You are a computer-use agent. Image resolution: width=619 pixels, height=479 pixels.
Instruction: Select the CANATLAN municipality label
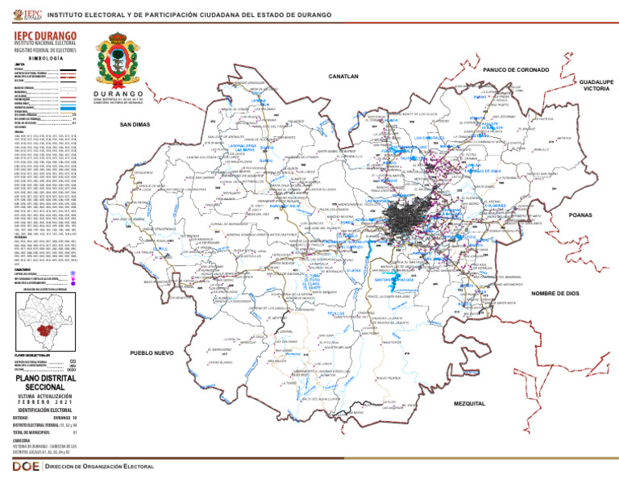pyautogui.click(x=343, y=77)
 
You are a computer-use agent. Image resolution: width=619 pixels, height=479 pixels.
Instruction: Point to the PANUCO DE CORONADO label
pyautogui.click(x=517, y=70)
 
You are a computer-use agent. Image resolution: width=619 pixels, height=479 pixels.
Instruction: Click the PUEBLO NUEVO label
pyautogui.click(x=152, y=353)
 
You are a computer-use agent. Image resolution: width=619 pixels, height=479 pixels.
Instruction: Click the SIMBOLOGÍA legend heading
pyautogui.click(x=44, y=59)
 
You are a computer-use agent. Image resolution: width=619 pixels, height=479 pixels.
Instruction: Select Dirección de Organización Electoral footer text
pyautogui.click(x=99, y=467)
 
